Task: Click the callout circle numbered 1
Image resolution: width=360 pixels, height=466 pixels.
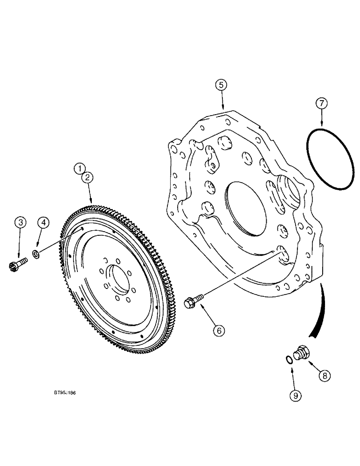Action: pyautogui.click(x=80, y=168)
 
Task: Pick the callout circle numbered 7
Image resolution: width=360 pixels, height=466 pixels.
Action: pyautogui.click(x=321, y=103)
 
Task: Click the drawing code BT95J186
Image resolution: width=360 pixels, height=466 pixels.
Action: pyautogui.click(x=62, y=393)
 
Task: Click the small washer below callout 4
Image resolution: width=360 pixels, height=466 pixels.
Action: pyautogui.click(x=36, y=254)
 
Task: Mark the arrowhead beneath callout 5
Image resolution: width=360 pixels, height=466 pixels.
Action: pyautogui.click(x=222, y=106)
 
